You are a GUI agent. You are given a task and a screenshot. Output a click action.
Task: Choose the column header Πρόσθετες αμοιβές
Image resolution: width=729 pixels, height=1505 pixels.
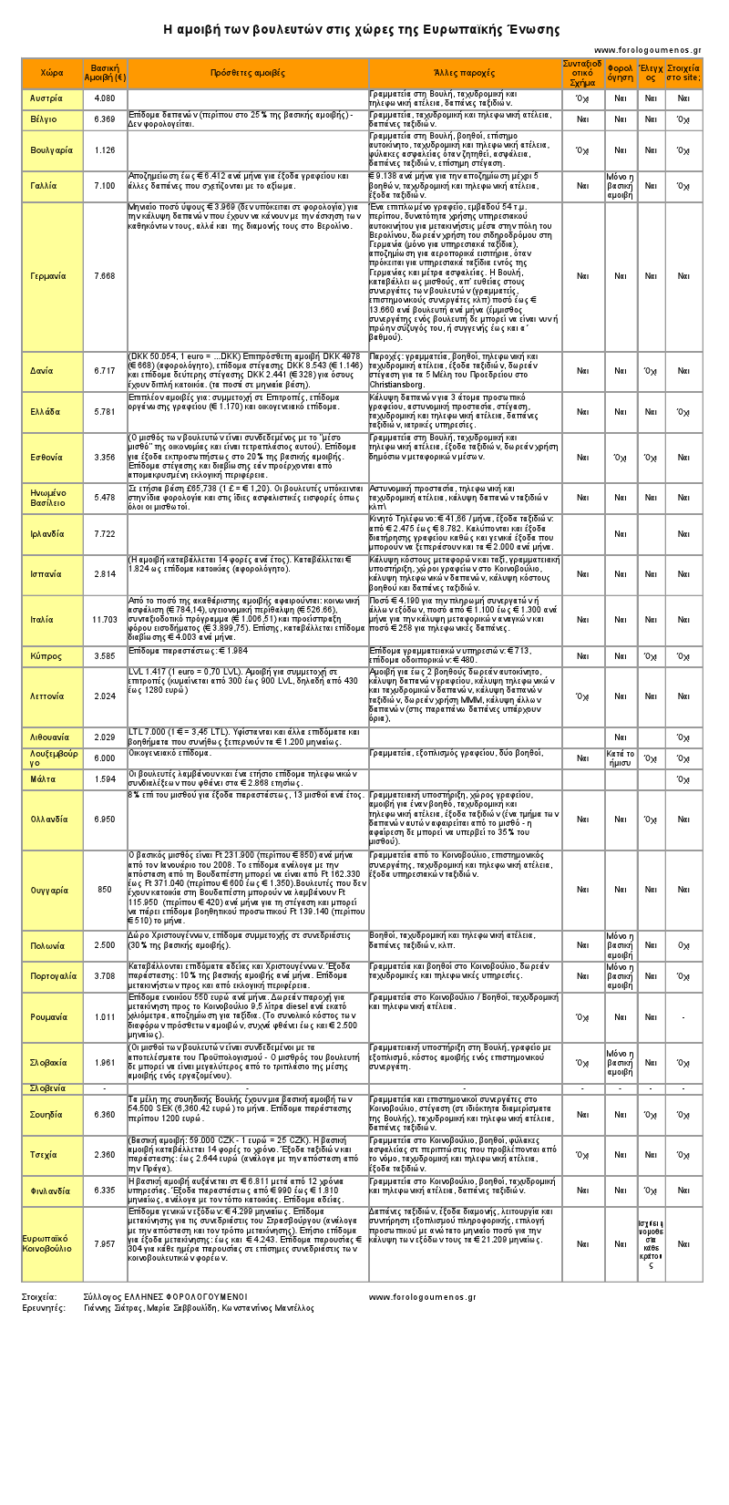248,73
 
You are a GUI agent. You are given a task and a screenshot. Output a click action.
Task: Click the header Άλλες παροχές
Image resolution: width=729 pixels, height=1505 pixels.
465,73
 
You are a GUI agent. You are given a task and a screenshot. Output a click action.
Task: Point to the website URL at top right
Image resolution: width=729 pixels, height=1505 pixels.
647,50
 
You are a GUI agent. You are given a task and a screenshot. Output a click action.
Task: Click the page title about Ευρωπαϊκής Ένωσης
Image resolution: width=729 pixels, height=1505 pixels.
362,29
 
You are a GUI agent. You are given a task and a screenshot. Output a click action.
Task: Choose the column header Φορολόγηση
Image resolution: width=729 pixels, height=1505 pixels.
621,73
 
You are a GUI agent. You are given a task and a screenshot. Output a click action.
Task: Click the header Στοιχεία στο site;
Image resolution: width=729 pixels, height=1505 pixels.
683,73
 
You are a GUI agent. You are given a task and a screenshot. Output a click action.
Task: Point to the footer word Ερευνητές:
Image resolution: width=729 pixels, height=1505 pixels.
44,1308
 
